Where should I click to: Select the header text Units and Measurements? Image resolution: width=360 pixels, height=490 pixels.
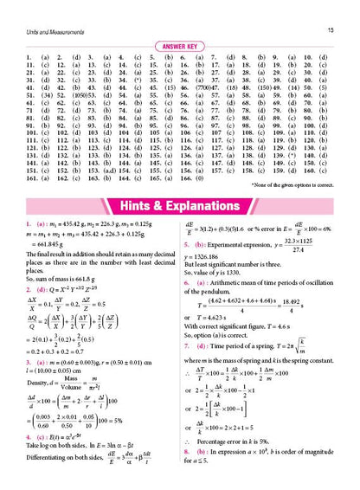(x=42, y=7)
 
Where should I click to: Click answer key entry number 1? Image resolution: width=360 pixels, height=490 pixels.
(x=20, y=59)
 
